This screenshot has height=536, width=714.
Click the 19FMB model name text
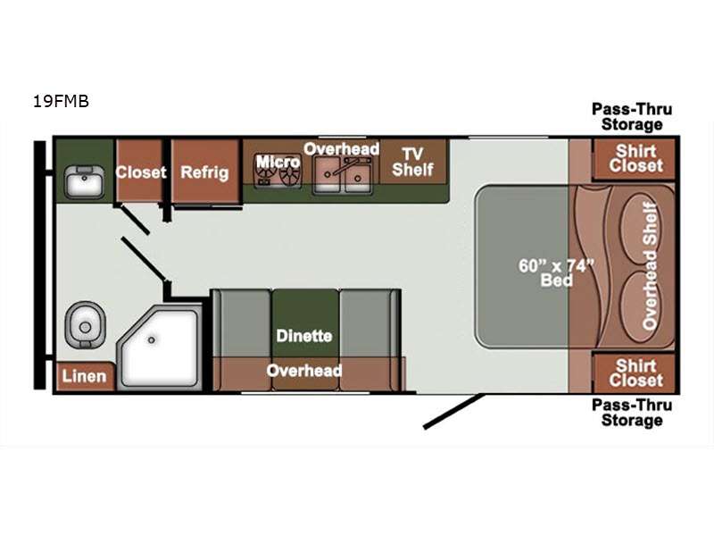61,101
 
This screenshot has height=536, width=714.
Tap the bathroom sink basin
84,182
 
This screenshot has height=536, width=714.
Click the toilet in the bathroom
85,324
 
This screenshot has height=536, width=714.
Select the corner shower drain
151,340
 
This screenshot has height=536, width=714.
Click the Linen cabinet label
84,376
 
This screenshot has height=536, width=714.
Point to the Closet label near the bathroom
141,172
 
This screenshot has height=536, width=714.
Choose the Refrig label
204,172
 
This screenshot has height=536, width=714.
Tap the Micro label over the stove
278,162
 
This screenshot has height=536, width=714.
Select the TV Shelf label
412,162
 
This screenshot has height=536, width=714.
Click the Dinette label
304,336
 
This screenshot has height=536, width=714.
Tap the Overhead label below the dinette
304,371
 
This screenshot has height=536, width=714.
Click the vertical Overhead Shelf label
651,266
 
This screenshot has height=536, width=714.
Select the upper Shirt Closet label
636,158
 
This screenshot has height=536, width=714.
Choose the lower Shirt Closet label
636,373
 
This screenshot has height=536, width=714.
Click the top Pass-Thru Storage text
632,117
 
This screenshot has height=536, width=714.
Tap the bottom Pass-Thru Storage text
632,413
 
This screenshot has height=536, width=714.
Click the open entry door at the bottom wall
454,411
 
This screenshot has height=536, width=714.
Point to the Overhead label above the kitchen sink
342,148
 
